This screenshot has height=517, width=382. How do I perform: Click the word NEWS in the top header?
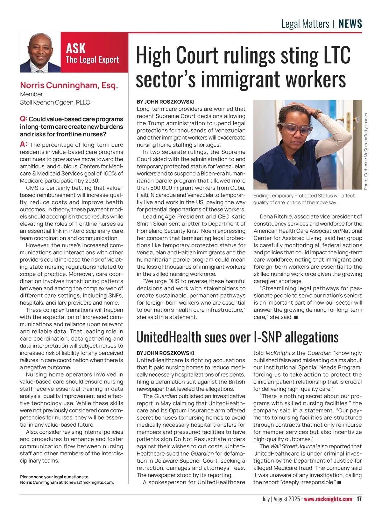[350, 24]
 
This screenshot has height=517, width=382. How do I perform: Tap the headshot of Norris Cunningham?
[40, 52]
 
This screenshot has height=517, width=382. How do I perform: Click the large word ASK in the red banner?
[76, 49]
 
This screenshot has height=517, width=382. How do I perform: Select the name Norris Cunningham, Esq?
[69, 85]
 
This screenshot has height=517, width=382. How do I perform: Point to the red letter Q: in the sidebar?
[24, 119]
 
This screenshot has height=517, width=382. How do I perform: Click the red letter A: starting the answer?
[24, 144]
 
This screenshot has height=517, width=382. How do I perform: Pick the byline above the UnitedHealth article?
[166, 353]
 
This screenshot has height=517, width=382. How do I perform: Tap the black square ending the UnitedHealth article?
[339, 483]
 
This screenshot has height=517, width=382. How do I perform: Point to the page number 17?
[359, 499]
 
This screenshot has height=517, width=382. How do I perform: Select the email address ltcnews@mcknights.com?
[88, 482]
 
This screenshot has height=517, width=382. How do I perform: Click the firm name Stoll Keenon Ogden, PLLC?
[55, 102]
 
